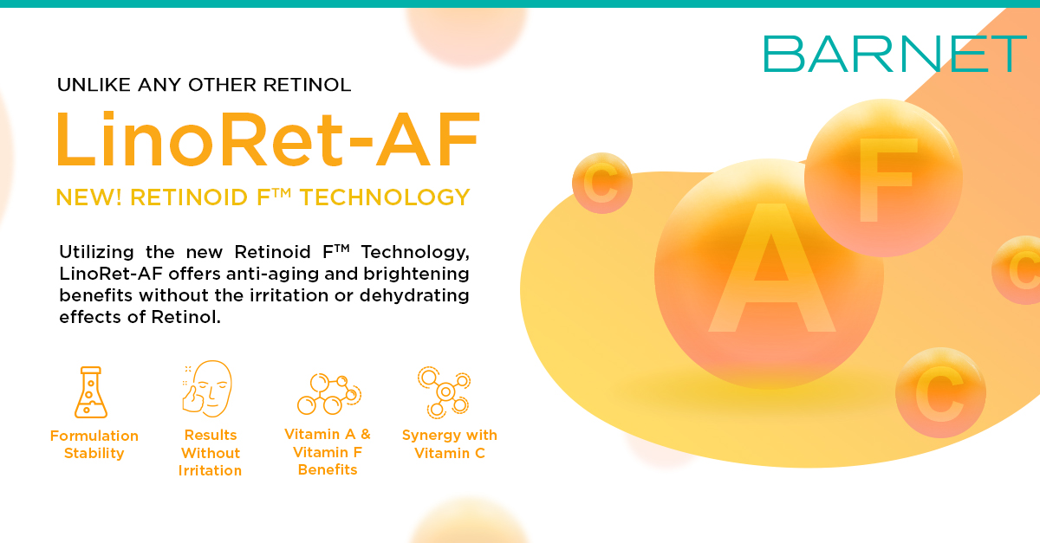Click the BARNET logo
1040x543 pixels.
tap(894, 54)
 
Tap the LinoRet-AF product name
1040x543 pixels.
tap(268, 139)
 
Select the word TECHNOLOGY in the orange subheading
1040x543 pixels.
tap(385, 197)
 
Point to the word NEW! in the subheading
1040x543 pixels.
tap(88, 197)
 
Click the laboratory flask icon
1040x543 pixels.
tap(91, 392)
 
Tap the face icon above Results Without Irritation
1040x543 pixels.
tap(207, 389)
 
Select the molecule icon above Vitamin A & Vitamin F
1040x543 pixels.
tap(329, 393)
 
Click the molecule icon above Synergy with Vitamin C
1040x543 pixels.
tap(445, 392)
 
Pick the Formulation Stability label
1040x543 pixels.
tap(94, 444)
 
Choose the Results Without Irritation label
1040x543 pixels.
tap(210, 452)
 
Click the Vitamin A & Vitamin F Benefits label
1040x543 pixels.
tap(328, 451)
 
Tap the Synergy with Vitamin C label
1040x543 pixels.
tap(450, 443)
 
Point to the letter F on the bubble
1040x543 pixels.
tap(886, 179)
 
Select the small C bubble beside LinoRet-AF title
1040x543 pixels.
tap(602, 183)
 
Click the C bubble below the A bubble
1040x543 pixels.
tap(940, 392)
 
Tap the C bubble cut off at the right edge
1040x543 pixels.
tap(1017, 269)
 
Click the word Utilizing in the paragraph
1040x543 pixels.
tap(96, 253)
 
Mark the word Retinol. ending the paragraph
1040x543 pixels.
tap(185, 317)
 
